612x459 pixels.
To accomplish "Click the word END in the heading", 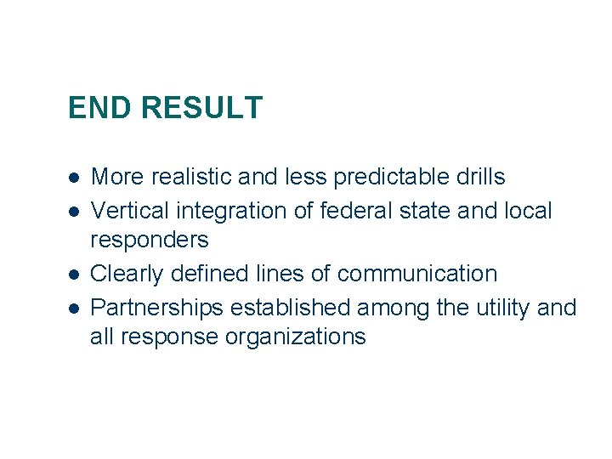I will click(x=100, y=108).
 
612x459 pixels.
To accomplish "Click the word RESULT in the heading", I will click(x=201, y=108).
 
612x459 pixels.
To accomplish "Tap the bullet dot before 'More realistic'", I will click(x=76, y=178).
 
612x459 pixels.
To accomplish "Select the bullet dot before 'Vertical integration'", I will click(x=76, y=210).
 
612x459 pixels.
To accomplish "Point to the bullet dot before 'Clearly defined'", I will click(x=76, y=274).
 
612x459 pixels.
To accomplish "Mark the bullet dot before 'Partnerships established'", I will click(x=76, y=306).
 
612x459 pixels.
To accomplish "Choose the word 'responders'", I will click(x=149, y=241).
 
